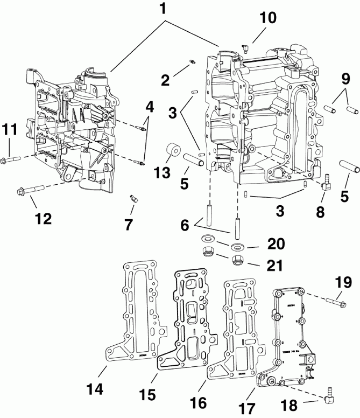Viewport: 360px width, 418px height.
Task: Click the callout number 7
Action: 129,225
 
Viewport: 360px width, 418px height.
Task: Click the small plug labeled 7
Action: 132,199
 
